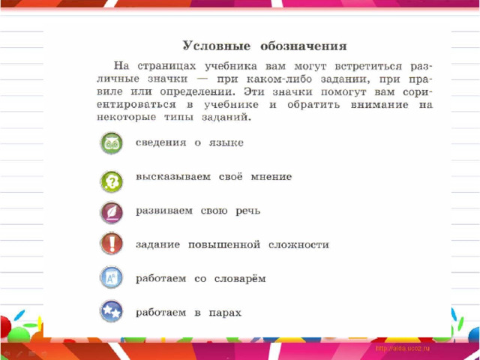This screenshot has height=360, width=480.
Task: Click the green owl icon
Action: click(112, 143)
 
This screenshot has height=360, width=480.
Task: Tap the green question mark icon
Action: click(112, 181)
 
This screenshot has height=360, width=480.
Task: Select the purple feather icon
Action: click(112, 212)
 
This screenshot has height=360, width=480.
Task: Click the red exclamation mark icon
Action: click(112, 244)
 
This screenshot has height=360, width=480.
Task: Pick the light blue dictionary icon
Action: click(112, 277)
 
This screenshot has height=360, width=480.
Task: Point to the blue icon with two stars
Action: click(112, 311)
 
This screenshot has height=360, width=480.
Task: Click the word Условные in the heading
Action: click(217, 46)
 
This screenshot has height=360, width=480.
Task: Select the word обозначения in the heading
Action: click(304, 46)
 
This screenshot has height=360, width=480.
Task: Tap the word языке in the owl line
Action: click(226, 143)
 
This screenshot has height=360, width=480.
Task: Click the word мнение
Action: click(271, 177)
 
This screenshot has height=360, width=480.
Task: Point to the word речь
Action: click(248, 211)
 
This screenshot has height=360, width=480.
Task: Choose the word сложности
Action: click(298, 245)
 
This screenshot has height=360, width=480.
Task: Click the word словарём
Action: click(240, 278)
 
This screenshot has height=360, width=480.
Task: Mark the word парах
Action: click(225, 313)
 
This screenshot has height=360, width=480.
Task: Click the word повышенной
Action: click(224, 245)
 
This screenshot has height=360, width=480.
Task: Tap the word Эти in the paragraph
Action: click(254, 91)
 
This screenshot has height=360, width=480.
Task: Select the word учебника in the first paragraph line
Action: click(231, 67)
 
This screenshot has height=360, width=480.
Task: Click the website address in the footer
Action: click(403, 348)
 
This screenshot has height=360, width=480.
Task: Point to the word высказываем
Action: click(173, 177)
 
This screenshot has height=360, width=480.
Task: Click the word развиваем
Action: click(164, 211)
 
